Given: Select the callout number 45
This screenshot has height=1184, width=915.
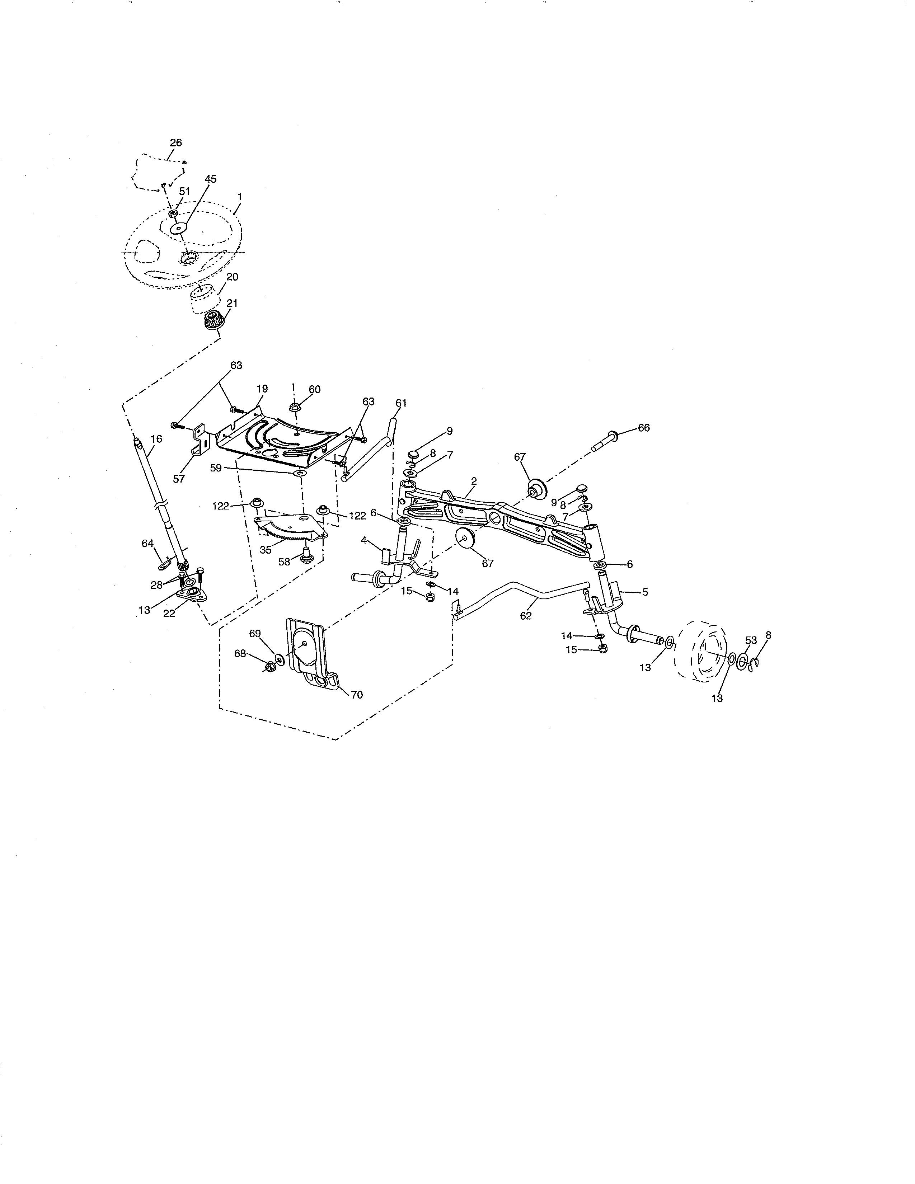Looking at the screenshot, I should click(x=210, y=179).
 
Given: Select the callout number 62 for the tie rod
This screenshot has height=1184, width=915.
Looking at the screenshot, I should click(x=525, y=616).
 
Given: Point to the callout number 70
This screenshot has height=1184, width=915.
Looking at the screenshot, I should click(x=357, y=695).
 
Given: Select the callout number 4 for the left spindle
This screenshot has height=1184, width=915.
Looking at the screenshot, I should click(x=364, y=540).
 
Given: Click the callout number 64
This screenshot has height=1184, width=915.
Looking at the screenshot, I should click(x=147, y=543).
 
